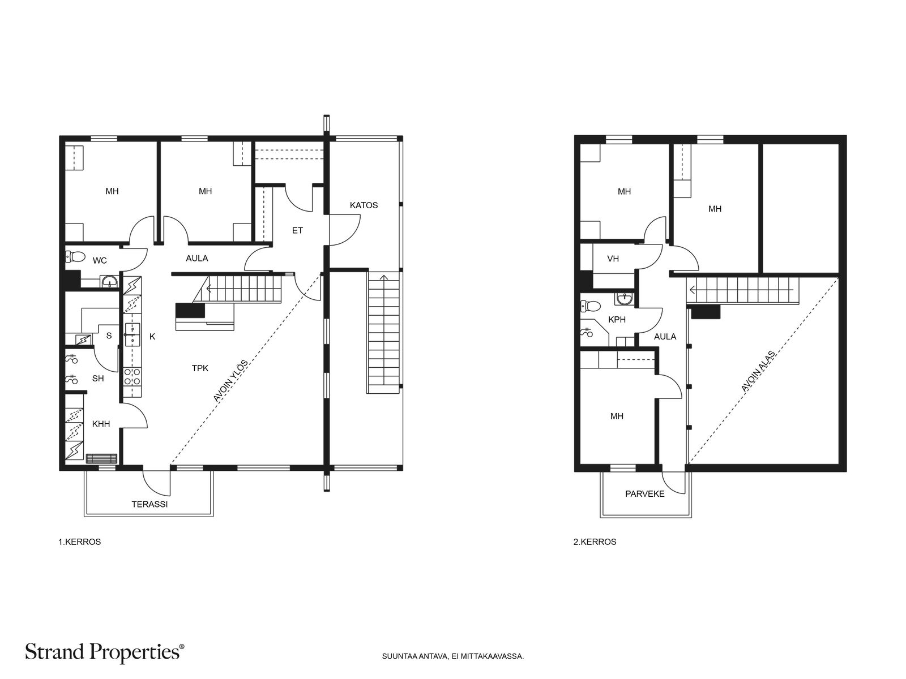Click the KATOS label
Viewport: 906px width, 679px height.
(x=363, y=205)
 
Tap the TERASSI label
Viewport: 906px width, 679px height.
(x=149, y=504)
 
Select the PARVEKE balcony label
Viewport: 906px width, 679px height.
(x=644, y=494)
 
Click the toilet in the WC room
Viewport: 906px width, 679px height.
(x=75, y=257)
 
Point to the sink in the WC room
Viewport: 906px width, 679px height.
(x=110, y=282)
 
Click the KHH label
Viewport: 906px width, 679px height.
(x=101, y=424)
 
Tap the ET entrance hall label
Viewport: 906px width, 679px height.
(x=297, y=230)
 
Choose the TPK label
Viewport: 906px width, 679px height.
(x=200, y=368)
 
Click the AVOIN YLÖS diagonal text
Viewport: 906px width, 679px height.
(x=230, y=381)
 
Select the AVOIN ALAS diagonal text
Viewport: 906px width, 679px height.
(x=758, y=371)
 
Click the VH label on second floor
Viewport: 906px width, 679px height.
(x=613, y=259)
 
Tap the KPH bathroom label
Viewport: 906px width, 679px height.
(x=617, y=320)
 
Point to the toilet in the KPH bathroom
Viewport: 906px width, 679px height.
(x=590, y=306)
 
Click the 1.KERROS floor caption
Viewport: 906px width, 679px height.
(x=80, y=542)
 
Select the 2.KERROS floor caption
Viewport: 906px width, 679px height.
(x=595, y=542)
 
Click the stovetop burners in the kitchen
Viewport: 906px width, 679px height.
(x=133, y=376)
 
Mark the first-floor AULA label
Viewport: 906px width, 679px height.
(x=197, y=259)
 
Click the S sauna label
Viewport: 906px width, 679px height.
(x=109, y=336)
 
